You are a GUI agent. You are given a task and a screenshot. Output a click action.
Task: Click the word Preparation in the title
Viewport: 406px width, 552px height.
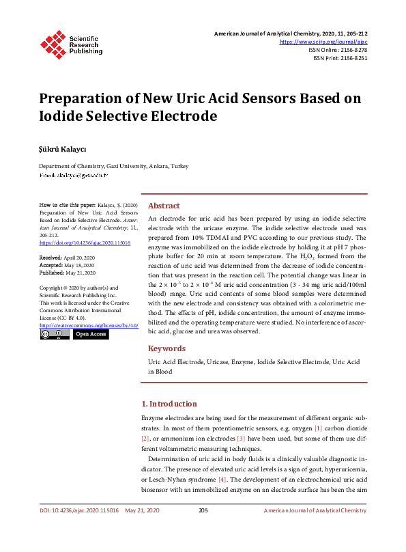(85, 98)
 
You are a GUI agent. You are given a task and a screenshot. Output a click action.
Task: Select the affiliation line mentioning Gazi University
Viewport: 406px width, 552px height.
(113, 166)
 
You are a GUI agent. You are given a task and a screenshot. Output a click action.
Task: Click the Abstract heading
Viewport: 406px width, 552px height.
(164, 206)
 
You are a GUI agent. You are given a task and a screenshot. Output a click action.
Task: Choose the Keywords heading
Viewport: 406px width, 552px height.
(166, 348)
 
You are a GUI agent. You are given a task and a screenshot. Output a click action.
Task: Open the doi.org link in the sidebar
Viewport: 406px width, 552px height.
(85, 243)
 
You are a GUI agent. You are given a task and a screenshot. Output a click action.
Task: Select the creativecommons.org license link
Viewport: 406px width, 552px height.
(89, 326)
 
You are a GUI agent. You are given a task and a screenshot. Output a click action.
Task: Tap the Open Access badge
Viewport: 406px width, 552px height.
(91, 335)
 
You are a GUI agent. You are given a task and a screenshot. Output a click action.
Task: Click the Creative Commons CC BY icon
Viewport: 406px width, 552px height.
(55, 335)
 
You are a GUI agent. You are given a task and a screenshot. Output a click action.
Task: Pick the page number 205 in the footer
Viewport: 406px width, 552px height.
(203, 510)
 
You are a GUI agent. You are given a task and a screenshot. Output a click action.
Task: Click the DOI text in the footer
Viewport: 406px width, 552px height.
(79, 510)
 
